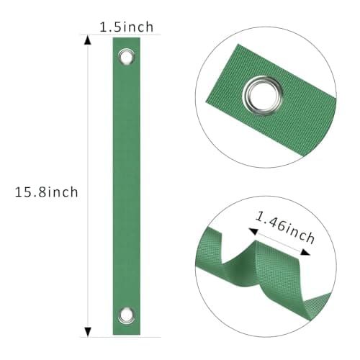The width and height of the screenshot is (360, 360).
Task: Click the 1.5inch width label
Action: click(x=127, y=27)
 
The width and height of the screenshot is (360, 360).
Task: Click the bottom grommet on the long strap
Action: click(x=127, y=315)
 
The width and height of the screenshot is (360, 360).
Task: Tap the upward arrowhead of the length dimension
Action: click(x=89, y=40)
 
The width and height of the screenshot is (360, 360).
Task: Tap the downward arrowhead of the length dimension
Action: click(x=89, y=330)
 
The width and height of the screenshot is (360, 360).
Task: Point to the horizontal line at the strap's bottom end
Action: click(x=108, y=336)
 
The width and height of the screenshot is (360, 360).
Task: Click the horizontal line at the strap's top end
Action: click(x=108, y=35)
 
